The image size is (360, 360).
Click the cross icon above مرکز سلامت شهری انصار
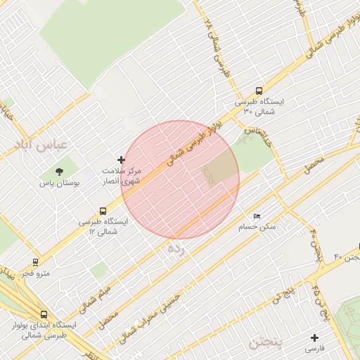click(x=121, y=160)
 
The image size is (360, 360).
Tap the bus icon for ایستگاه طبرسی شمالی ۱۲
click(x=103, y=210)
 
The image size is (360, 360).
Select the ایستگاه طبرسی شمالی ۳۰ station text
click(x=264, y=106)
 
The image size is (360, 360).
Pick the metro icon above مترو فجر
click(x=35, y=262)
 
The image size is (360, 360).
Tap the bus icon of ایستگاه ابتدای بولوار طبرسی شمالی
click(x=44, y=315)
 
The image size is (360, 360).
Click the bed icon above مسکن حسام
click(x=256, y=215)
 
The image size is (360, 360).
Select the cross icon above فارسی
click(x=314, y=338)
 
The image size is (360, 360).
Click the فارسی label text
click(x=314, y=349)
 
